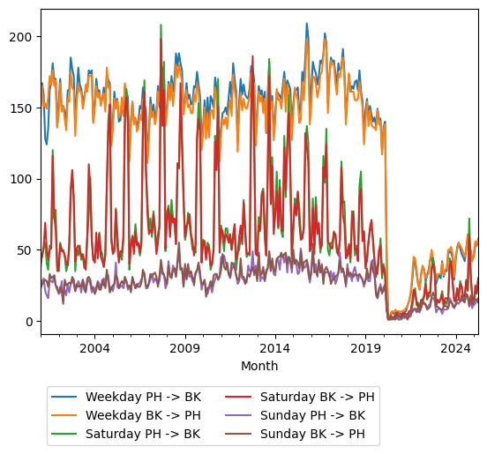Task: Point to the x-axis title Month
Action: point(259,366)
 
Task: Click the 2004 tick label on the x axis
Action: point(94,348)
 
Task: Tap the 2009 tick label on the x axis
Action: point(185,348)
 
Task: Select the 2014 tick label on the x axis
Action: point(275,348)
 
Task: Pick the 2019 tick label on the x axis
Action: point(365,348)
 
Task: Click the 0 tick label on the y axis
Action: point(30,321)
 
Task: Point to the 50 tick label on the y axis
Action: point(26,250)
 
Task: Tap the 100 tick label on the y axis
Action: point(24,179)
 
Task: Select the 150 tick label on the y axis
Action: point(24,108)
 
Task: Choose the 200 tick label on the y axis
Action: point(24,37)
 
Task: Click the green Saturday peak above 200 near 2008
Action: point(161,26)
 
